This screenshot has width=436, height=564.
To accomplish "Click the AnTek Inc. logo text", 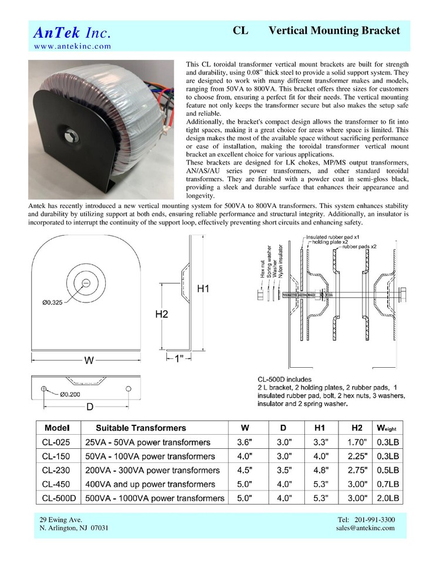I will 72,32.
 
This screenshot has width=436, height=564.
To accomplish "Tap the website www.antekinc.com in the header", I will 72,46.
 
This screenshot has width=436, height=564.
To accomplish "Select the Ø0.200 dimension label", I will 69,395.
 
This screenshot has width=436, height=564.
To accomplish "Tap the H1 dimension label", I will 203,288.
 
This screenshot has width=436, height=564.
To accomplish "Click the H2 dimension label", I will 162,314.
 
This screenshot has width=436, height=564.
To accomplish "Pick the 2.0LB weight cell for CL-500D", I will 387,498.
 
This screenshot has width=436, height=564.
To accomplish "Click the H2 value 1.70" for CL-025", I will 357,442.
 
